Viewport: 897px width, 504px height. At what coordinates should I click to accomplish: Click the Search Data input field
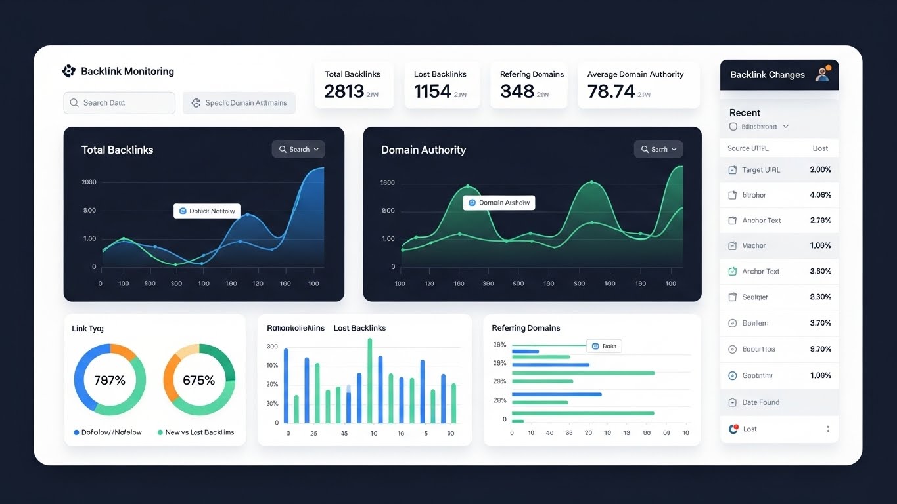tap(119, 103)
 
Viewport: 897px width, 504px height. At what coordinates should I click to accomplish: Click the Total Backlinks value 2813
tap(344, 91)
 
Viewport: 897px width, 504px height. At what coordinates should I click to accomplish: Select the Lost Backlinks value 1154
tap(432, 91)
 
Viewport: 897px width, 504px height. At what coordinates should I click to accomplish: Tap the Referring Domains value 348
tap(517, 91)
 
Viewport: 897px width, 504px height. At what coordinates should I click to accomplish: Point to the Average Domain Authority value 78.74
tap(611, 91)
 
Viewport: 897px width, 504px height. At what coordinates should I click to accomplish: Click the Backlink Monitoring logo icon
tap(68, 71)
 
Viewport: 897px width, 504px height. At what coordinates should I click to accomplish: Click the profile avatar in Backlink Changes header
tap(822, 74)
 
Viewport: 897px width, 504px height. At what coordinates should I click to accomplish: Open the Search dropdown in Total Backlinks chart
tap(298, 149)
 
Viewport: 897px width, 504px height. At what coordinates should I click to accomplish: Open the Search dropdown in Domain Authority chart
tap(658, 149)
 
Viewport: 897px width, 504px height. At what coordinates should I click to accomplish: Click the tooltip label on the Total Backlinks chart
tap(207, 211)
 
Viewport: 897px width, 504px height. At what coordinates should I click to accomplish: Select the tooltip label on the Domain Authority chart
tap(499, 203)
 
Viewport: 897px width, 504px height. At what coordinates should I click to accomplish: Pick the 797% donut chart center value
tap(110, 380)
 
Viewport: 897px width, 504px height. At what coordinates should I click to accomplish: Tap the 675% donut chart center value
tap(198, 380)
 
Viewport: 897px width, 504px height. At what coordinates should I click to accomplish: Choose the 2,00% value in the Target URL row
tap(820, 169)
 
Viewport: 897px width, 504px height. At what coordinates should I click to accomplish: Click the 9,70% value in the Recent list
tap(820, 349)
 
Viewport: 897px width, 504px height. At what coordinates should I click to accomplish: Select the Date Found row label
tap(760, 402)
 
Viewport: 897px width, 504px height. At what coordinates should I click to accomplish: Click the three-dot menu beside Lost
tap(827, 429)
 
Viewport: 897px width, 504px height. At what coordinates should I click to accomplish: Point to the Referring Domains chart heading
tap(526, 327)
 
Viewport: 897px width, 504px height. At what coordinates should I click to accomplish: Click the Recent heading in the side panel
tap(745, 112)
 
